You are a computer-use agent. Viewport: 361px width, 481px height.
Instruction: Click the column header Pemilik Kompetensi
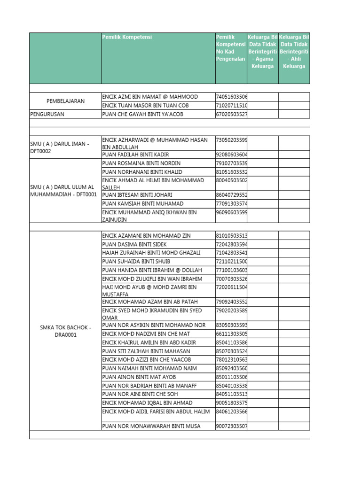127,37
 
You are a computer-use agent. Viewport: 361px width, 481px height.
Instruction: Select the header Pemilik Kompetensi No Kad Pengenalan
231,48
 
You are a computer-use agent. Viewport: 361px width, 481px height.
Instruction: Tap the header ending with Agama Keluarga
263,52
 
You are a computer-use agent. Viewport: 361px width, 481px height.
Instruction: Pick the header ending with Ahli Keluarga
294,52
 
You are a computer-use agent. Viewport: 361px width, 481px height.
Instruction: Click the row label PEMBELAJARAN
65,101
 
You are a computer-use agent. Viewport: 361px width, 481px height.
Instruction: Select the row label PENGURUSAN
47,114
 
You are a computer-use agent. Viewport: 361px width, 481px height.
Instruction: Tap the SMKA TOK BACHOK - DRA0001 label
65,331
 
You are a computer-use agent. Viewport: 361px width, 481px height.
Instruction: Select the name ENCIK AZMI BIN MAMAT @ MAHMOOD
150,97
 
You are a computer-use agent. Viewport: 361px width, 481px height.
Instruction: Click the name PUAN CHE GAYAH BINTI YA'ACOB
142,114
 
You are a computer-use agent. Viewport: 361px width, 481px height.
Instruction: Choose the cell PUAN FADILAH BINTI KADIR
135,155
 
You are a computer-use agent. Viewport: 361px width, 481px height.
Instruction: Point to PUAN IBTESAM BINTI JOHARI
137,195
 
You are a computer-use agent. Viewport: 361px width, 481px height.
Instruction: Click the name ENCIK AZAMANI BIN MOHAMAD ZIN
146,236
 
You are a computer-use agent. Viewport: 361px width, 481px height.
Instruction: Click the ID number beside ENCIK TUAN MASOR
231,105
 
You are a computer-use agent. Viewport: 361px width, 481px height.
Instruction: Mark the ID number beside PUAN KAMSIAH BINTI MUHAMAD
231,204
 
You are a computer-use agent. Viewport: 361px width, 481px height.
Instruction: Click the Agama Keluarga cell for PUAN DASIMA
263,244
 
